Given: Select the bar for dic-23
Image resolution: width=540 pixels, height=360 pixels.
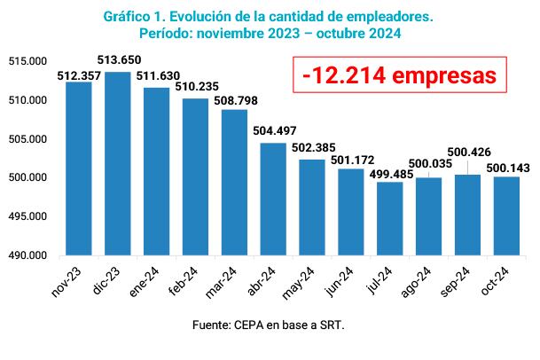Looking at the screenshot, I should pos(118,164).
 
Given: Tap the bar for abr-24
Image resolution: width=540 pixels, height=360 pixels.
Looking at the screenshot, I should pos(273,199).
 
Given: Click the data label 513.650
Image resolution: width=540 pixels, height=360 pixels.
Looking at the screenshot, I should pos(120,59).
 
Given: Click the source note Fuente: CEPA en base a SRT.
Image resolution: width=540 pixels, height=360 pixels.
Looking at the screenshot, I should pos(268,325).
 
